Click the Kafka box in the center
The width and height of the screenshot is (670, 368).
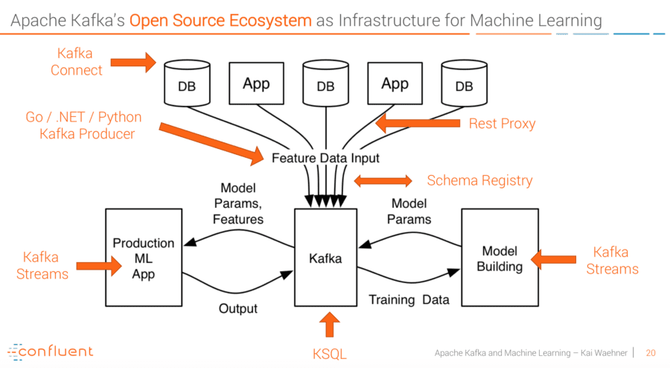point(325,258)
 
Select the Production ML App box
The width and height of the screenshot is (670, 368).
point(144,258)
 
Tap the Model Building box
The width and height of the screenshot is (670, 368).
point(500,258)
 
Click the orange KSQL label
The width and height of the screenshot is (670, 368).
point(330,355)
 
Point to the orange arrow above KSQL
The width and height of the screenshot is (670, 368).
point(330,325)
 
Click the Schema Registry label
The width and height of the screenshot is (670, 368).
point(479,181)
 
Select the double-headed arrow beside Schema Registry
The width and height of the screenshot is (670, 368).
point(383,181)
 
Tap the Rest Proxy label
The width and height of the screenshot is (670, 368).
point(502,124)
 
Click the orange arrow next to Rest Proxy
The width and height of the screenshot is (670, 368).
point(418,123)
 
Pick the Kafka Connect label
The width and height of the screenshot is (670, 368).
point(76,62)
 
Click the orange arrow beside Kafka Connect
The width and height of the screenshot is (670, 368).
point(133,63)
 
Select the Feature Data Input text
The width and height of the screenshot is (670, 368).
point(325,158)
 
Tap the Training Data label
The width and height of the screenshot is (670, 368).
point(409,300)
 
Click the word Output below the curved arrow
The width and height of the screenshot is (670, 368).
point(238,308)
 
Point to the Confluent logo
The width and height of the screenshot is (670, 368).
point(51,352)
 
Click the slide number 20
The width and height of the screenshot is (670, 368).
point(651,353)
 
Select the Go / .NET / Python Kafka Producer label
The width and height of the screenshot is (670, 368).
point(84,125)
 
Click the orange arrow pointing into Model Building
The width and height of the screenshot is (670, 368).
point(553,259)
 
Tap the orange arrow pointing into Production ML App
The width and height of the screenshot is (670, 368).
point(99,266)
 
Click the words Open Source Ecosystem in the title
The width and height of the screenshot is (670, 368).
point(220,21)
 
